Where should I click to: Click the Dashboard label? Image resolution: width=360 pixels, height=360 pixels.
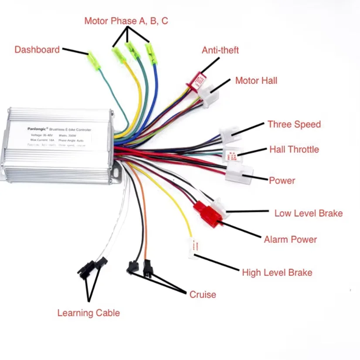(37, 50)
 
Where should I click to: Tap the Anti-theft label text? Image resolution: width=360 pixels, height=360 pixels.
(220, 50)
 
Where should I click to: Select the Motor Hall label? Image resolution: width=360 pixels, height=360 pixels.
(256, 80)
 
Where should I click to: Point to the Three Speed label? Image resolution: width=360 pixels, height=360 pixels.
(294, 124)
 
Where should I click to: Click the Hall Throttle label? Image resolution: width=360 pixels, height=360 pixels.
(294, 149)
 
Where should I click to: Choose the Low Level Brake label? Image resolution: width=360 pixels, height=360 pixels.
(308, 213)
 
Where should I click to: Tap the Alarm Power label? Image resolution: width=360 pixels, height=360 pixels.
(290, 239)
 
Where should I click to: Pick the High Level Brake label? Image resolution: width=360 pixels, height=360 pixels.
(277, 273)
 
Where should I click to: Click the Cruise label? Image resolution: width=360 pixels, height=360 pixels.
(202, 295)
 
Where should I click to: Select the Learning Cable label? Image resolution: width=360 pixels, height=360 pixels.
(88, 313)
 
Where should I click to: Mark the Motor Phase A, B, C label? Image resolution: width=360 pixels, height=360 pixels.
(126, 21)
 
